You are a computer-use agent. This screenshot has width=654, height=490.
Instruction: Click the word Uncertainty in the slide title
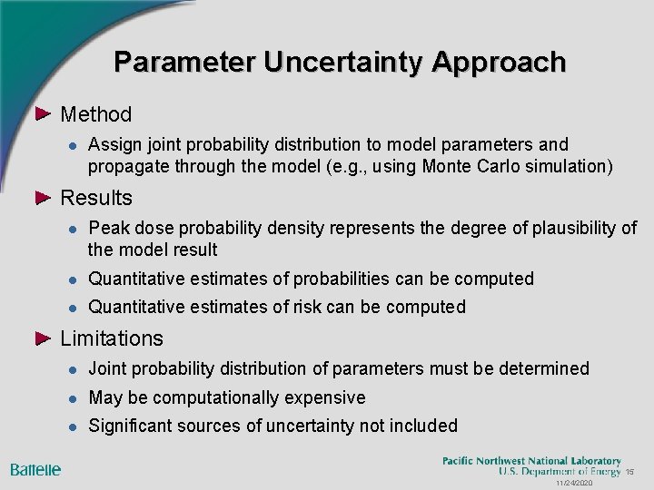344,62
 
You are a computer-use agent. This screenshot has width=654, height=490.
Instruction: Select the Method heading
95,114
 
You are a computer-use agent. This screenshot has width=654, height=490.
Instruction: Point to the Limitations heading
111,338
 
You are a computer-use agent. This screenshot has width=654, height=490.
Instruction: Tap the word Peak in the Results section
108,228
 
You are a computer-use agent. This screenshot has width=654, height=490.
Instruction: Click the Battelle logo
35,469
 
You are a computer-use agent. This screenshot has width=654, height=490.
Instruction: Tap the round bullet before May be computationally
70,398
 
